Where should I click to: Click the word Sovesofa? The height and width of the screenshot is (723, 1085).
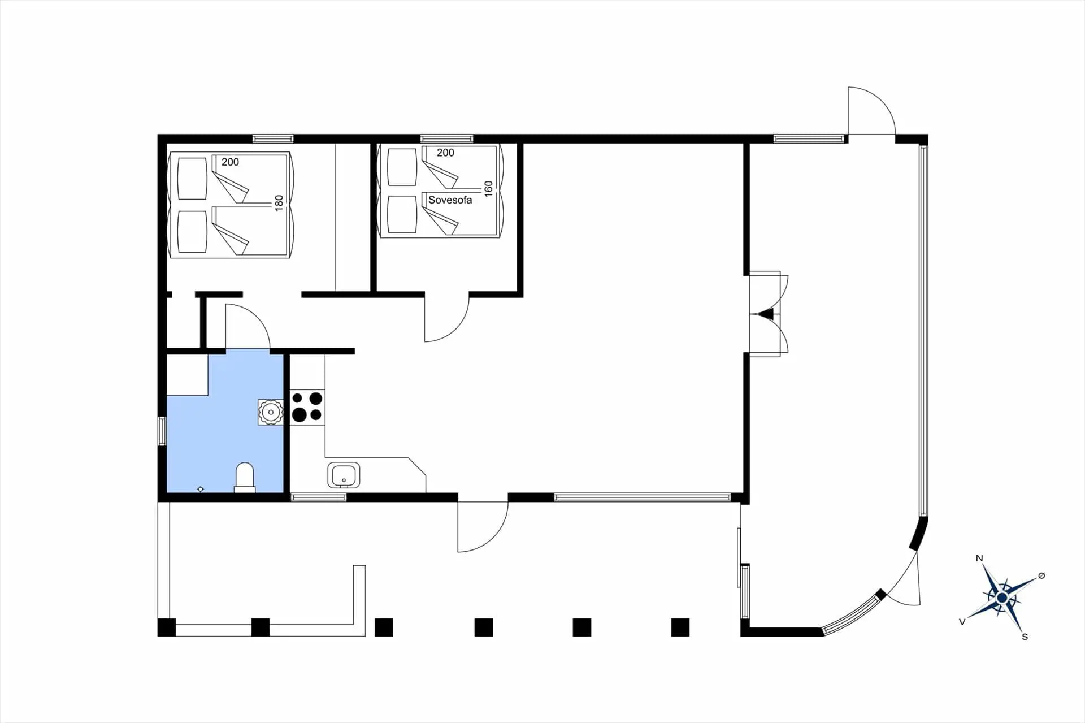click(450, 200)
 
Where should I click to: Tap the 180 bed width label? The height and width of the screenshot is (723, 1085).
click(279, 204)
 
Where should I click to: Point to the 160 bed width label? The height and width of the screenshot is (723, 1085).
click(488, 189)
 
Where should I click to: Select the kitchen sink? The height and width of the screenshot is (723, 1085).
click(344, 475)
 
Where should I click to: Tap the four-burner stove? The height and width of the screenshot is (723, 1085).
click(307, 406)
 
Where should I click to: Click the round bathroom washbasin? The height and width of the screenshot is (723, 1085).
click(271, 412)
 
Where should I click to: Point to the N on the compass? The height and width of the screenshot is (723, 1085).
click(979, 559)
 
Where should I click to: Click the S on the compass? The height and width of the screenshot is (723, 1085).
click(1025, 637)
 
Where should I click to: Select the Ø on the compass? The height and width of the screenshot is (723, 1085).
click(1041, 575)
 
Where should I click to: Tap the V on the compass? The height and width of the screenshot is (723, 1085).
click(962, 621)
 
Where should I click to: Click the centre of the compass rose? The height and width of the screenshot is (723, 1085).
click(1002, 598)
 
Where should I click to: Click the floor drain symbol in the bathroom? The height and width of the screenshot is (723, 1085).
click(201, 489)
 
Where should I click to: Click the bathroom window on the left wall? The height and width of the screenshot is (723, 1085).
click(162, 431)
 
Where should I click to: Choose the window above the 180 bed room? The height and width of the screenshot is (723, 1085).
click(273, 138)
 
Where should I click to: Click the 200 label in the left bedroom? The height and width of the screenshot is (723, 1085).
click(230, 162)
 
